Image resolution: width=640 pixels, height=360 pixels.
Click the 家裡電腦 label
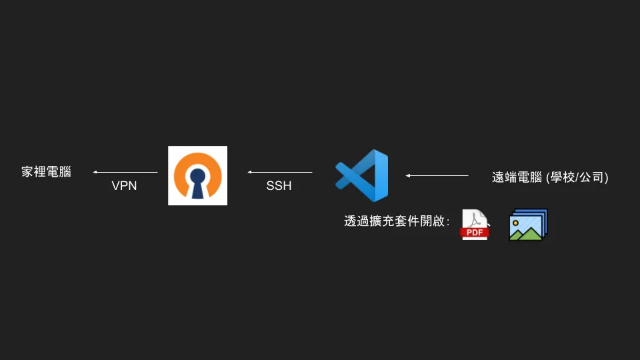click(x=46, y=172)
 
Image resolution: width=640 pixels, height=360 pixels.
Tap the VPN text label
click(x=124, y=186)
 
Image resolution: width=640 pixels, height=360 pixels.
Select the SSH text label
click(x=279, y=186)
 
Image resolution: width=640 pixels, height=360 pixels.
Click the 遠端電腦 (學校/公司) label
click(x=550, y=177)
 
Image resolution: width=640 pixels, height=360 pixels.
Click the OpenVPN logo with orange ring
click(x=197, y=175)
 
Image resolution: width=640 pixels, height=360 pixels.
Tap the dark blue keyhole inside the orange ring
click(x=197, y=182)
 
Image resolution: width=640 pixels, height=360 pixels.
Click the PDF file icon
click(x=475, y=225)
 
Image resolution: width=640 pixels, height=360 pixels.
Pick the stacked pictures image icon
click(x=528, y=225)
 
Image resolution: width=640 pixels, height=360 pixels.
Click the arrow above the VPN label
click(x=125, y=172)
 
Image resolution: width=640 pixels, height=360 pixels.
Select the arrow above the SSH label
click(x=280, y=172)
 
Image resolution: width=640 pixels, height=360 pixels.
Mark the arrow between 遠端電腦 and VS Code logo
click(x=437, y=175)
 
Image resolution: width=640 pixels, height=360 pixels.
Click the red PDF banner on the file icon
click(x=475, y=232)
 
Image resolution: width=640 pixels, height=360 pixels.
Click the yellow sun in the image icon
click(x=516, y=222)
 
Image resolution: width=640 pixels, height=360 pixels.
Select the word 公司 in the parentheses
click(x=592, y=177)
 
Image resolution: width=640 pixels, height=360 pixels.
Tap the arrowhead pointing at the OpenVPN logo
click(x=250, y=172)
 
